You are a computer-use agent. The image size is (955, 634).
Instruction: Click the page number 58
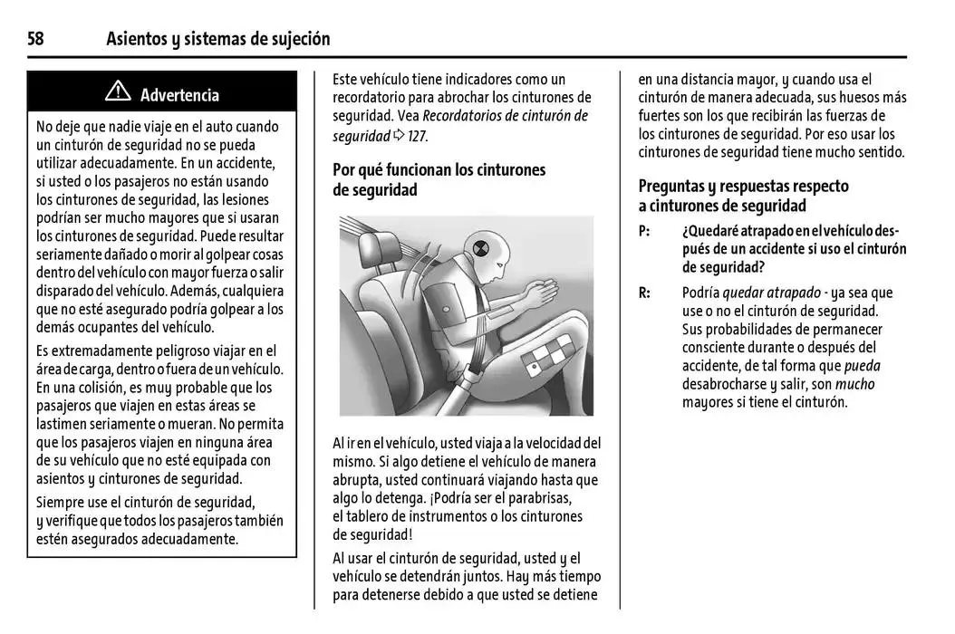click(x=35, y=39)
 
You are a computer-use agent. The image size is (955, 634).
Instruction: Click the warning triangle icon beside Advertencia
click(x=117, y=92)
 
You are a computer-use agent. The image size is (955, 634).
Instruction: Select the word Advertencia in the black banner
click(x=179, y=94)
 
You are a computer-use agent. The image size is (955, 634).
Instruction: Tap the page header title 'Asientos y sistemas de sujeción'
click(x=217, y=39)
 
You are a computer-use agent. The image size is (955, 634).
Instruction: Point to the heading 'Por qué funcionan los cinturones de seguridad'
click(x=439, y=179)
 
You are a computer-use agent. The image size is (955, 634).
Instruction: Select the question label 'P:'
click(x=644, y=231)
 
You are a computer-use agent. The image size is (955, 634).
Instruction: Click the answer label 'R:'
click(x=644, y=293)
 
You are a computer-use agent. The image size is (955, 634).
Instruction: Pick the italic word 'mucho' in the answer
click(x=854, y=384)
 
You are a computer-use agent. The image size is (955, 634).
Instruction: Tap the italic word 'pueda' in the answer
click(x=862, y=366)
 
